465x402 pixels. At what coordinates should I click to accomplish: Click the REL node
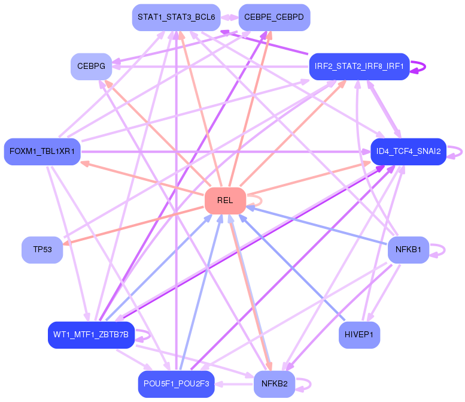tap(225, 201)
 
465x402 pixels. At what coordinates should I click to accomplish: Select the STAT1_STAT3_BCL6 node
tap(176, 17)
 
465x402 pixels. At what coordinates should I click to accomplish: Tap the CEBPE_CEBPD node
tap(274, 17)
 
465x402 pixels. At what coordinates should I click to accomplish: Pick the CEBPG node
tap(92, 67)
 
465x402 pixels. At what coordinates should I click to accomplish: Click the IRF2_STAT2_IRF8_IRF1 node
tap(359, 67)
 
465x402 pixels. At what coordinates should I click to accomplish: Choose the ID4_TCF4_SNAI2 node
tap(408, 152)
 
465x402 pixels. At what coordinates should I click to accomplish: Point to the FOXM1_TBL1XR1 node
tap(42, 152)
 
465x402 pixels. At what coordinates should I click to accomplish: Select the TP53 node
tap(42, 250)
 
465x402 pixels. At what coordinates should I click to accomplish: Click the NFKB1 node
tap(408, 250)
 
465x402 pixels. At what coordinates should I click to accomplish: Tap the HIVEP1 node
tap(359, 335)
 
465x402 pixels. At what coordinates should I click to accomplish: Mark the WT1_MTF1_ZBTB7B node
tap(91, 335)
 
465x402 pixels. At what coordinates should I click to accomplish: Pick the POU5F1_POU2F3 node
tap(176, 384)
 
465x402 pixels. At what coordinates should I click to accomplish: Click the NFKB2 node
tap(274, 384)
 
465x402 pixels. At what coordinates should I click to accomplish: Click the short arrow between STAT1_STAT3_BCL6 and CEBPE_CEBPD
tap(230, 17)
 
